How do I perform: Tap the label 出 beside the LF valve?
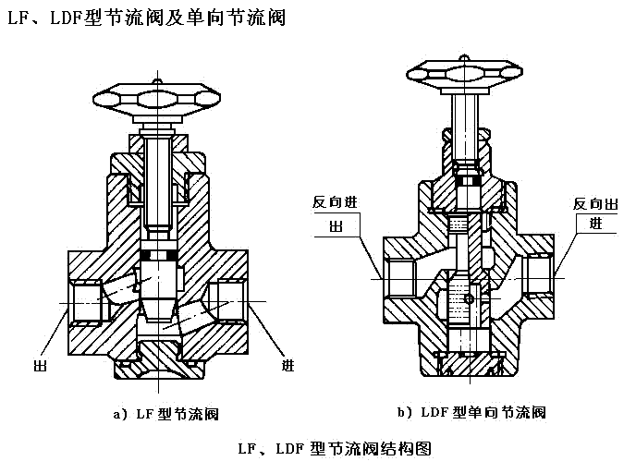click(40, 366)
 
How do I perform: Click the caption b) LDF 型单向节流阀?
click(472, 411)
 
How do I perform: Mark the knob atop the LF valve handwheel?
click(157, 81)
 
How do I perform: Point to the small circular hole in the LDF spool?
click(470, 299)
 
